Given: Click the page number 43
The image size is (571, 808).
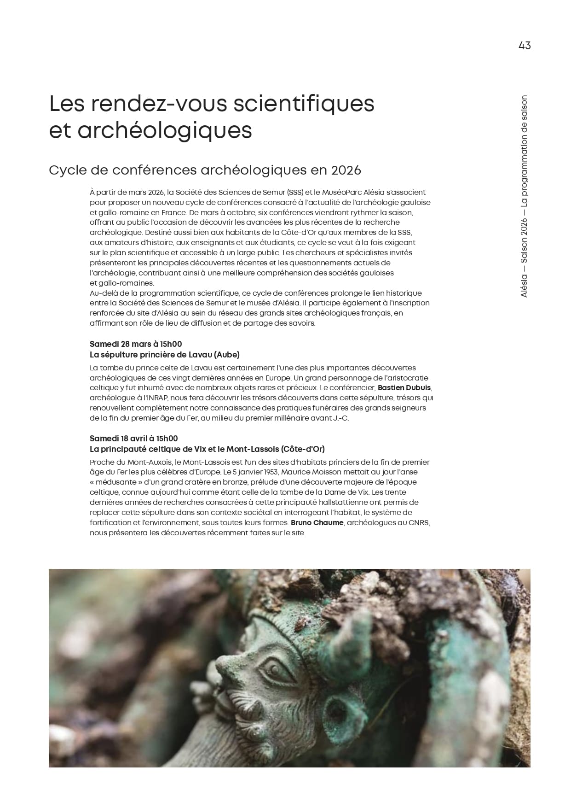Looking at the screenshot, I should tap(524, 46).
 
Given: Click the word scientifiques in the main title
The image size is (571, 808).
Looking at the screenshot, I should tap(303, 104).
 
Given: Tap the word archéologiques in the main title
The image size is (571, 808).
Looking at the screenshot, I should tap(165, 130).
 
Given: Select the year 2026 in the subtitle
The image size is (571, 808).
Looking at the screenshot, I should tap(346, 170).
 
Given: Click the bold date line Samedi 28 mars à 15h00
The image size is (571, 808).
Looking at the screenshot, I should tap(136, 344).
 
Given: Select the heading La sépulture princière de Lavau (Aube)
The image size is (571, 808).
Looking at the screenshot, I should tap(164, 355).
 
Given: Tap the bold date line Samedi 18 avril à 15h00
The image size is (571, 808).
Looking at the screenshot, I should tap(133, 439).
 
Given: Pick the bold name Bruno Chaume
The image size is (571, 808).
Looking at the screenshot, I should tap(317, 523).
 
